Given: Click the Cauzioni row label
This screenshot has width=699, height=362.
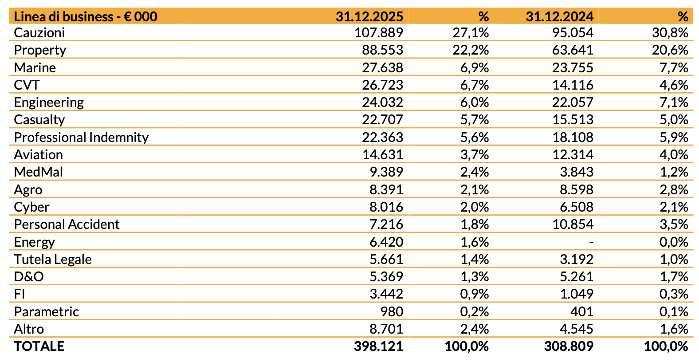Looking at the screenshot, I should coord(39,32).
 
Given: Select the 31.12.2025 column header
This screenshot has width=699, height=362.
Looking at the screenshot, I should coord(369,16).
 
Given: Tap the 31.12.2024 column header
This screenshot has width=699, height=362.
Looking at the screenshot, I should coord(559,16).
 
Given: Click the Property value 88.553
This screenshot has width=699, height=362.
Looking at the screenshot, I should coord(382,50).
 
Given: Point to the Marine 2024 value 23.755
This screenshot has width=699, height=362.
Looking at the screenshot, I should coord(573,67).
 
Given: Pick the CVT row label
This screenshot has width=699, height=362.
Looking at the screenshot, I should coord(27,85).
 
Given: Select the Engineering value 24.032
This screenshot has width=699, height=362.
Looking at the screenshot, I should coord(382,102).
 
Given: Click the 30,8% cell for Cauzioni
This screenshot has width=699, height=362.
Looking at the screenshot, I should coord(670,32).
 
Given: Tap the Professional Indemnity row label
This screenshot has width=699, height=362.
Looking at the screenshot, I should coord(81,137).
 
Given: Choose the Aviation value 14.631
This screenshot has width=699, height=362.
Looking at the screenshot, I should coord(382,154).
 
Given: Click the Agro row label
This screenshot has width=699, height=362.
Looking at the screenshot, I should coord(28,189).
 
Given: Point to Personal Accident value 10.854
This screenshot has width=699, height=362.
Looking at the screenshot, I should coord(573,224).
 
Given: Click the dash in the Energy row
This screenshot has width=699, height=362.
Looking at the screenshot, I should coord(591,242).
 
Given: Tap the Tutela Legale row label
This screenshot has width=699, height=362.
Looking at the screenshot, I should coord(53,259).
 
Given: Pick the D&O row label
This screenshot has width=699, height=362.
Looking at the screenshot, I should coord(29,276).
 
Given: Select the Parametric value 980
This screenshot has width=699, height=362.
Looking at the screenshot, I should coord(392,311).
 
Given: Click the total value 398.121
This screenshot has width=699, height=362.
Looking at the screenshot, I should coord(378,346).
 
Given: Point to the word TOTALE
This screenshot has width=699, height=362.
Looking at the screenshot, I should coord(39,346).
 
